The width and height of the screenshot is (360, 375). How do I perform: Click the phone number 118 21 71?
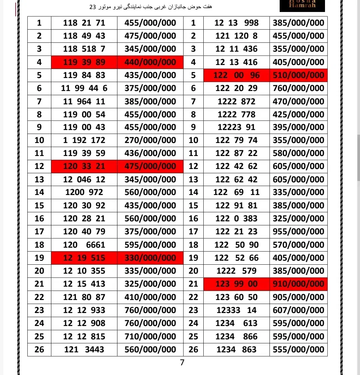tap(84, 23)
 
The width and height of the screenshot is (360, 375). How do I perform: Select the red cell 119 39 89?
tap(84, 62)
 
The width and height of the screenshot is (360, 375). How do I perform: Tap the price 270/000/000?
tap(150, 140)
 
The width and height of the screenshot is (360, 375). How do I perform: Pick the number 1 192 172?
tap(84, 140)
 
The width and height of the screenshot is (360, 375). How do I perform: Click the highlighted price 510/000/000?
tap(298, 75)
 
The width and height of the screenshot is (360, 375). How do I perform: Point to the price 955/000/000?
tap(298, 232)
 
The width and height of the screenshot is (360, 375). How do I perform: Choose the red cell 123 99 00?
tap(236, 284)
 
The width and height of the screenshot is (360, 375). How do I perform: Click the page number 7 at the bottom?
tap(182, 363)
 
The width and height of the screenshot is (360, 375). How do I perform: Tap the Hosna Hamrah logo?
tap(302, 6)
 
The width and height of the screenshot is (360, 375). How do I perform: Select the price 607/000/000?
tap(298, 310)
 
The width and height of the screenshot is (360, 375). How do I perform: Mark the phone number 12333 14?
tap(236, 310)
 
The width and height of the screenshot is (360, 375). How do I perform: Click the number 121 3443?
tap(84, 350)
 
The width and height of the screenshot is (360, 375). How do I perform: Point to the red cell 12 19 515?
tap(84, 258)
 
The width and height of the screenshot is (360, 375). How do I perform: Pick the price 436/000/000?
tap(150, 153)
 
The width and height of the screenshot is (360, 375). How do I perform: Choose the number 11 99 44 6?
tap(84, 88)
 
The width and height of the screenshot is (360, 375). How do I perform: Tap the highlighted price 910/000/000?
tap(298, 284)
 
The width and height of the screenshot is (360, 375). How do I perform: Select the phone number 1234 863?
tap(236, 350)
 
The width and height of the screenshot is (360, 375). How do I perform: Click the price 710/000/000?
tap(150, 336)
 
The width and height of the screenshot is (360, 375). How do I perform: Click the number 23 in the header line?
tap(93, 7)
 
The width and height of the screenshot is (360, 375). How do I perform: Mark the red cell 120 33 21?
tap(84, 166)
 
